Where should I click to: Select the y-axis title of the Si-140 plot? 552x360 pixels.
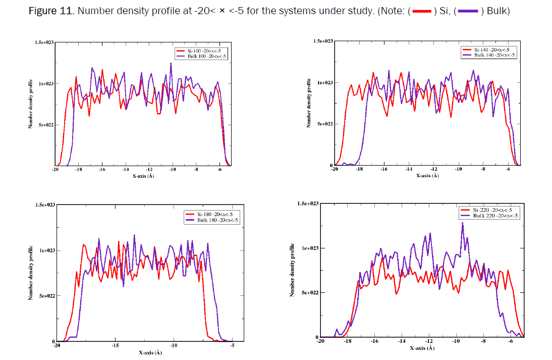click(309, 102)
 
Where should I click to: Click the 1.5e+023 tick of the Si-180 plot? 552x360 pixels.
click(43, 205)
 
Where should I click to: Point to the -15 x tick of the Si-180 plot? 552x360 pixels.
click(116, 346)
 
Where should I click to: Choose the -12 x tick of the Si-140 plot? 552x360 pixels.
click(433, 170)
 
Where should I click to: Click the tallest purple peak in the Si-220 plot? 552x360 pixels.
click(462, 223)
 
